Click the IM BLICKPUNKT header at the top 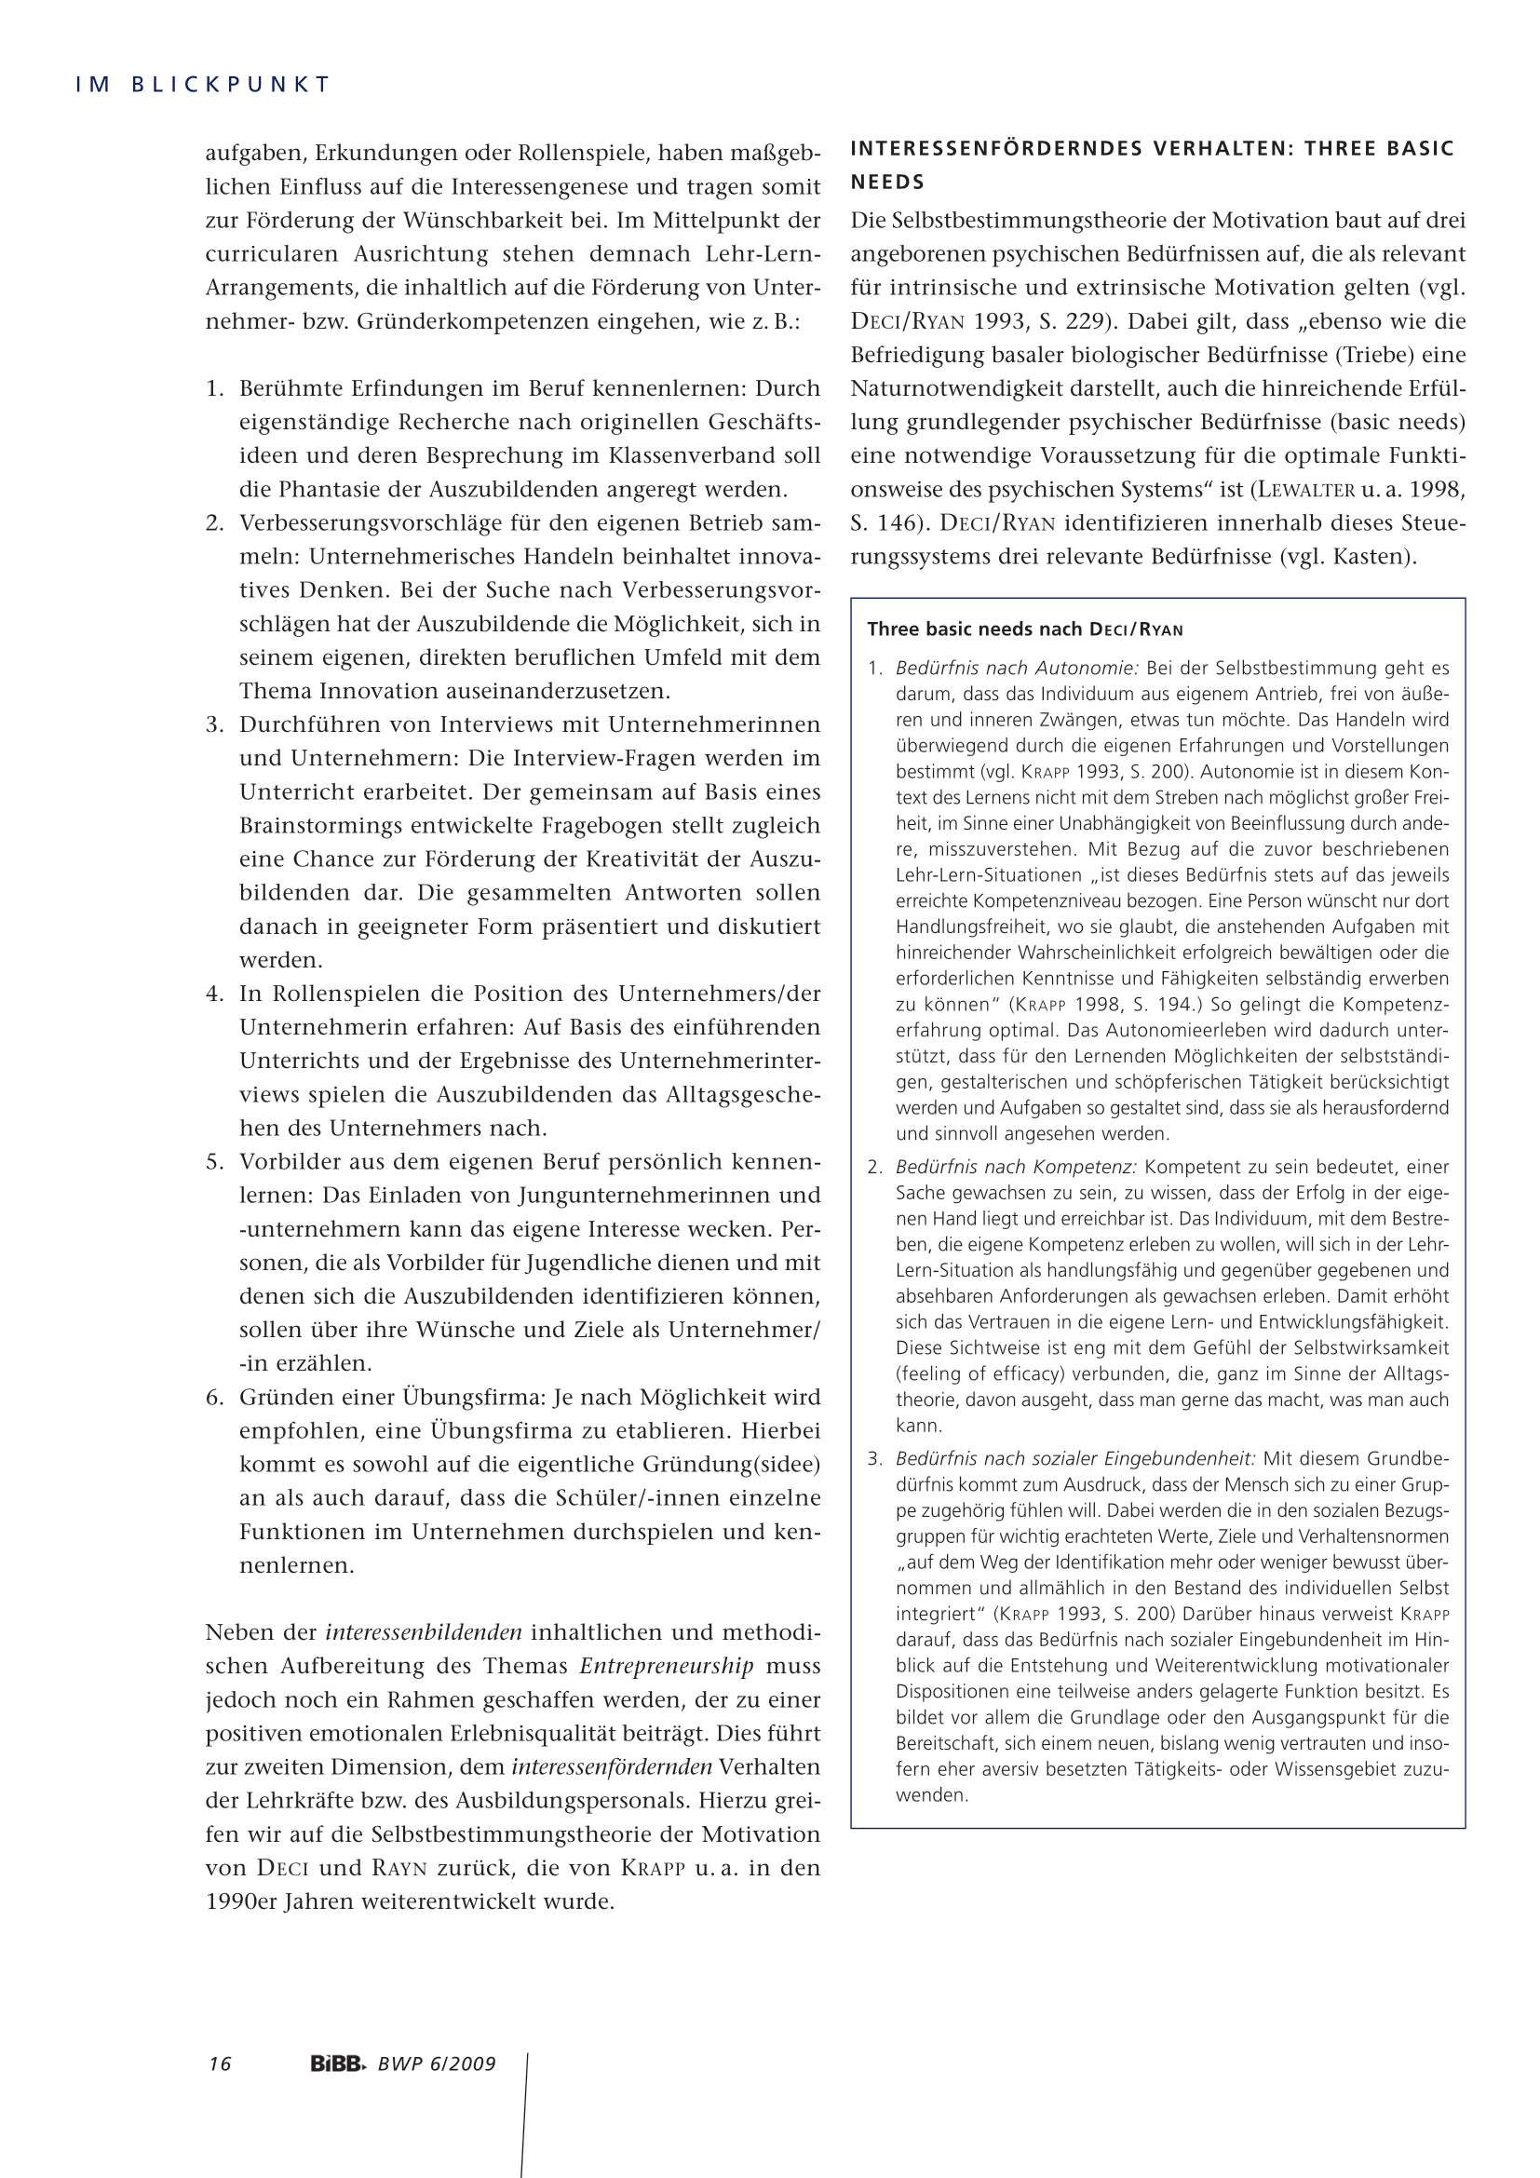pyautogui.click(x=202, y=85)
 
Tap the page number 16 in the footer pyautogui.click(x=220, y=2064)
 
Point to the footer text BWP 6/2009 pyautogui.click(x=438, y=2064)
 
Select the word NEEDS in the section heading pyautogui.click(x=887, y=183)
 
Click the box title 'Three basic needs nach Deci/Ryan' pyautogui.click(x=1025, y=629)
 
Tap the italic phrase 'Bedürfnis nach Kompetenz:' pyautogui.click(x=1016, y=1167)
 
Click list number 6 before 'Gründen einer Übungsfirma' pyautogui.click(x=214, y=1397)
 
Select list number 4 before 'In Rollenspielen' pyautogui.click(x=214, y=994)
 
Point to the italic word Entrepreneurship pyautogui.click(x=667, y=1666)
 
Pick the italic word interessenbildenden pyautogui.click(x=423, y=1631)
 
